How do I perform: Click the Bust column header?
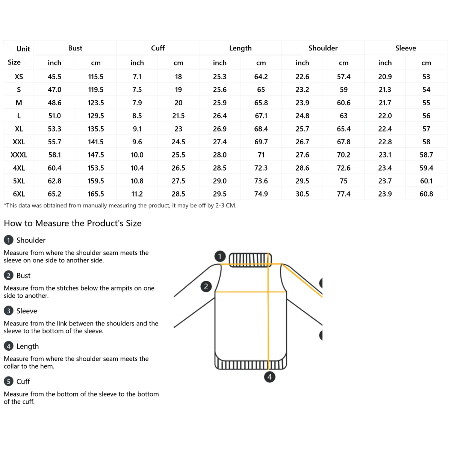(x=75, y=48)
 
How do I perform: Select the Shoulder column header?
(x=323, y=48)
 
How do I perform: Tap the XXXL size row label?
(x=19, y=155)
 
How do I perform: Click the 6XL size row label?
(x=19, y=194)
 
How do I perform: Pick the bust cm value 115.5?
(x=96, y=77)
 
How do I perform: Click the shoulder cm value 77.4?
(x=344, y=194)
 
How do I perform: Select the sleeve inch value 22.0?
(x=385, y=116)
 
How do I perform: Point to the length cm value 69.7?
(x=261, y=142)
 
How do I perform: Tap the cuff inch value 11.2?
(x=137, y=194)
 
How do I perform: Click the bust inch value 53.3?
(x=54, y=129)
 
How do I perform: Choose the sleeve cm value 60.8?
(x=426, y=194)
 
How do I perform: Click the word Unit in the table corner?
(x=23, y=49)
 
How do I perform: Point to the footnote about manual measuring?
(x=120, y=206)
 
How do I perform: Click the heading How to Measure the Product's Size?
(x=73, y=223)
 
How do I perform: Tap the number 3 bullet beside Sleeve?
(x=8, y=311)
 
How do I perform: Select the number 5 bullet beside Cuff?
(x=8, y=381)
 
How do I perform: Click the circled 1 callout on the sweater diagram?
(x=220, y=256)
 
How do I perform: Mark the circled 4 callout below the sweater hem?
(x=269, y=377)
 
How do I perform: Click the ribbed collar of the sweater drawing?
(x=250, y=259)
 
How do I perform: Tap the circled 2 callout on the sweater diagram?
(x=206, y=286)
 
